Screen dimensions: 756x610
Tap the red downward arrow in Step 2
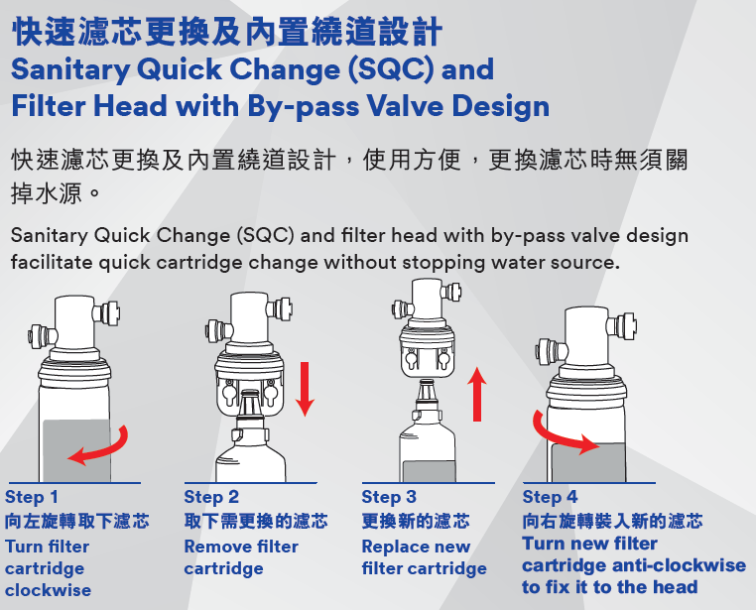[305, 389]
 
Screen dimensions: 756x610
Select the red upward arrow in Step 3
[477, 394]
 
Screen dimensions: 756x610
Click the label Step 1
[32, 497]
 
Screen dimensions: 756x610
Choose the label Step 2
[211, 497]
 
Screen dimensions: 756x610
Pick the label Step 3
[389, 497]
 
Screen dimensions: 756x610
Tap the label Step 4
[550, 497]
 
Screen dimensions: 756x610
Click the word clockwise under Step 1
[49, 590]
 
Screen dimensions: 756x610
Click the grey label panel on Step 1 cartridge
[76, 450]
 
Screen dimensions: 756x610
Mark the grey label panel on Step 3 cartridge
[430, 471]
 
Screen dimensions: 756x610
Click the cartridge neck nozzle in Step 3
[427, 393]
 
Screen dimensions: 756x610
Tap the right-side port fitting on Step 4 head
[624, 326]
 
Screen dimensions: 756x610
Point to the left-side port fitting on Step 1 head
[41, 333]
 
